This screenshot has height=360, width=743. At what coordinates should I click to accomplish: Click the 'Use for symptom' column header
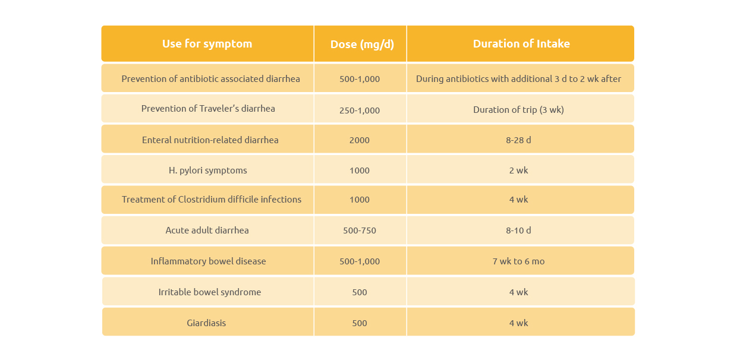tap(207, 44)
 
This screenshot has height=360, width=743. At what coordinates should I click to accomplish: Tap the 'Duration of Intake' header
tap(521, 44)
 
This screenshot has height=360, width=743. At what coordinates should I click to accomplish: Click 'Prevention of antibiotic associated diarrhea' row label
tap(210, 78)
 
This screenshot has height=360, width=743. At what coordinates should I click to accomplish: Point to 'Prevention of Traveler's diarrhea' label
tap(208, 109)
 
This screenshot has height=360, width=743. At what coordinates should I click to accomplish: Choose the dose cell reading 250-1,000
tap(360, 110)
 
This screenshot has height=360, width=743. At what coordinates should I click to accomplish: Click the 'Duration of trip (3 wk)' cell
tap(518, 110)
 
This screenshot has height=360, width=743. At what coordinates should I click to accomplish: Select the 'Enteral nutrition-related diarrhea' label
tap(210, 140)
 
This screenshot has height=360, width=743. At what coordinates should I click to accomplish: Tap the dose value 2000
tap(360, 140)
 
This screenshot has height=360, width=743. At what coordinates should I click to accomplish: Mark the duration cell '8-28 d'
tap(518, 140)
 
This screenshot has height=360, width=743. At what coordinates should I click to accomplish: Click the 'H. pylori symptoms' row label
tap(207, 170)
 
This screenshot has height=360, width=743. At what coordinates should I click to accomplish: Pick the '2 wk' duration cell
tap(518, 170)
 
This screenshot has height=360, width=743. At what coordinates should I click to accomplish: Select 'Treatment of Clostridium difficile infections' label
tap(212, 200)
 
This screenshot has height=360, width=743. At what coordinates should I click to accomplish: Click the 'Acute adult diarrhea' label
tap(207, 230)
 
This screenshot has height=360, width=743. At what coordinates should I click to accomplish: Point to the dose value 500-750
tap(360, 230)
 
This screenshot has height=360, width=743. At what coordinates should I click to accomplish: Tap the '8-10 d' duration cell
tap(518, 230)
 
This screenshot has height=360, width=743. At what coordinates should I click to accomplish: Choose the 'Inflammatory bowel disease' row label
tap(208, 261)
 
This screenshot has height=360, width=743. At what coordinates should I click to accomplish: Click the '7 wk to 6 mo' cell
tap(518, 261)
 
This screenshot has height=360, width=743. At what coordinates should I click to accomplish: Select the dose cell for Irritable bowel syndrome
tap(360, 292)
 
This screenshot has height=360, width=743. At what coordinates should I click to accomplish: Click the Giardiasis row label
tap(206, 323)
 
